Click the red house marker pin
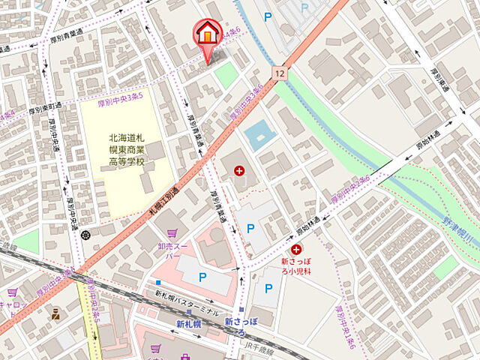(206, 34)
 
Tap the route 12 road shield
(279, 72)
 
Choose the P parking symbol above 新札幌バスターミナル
(202, 278)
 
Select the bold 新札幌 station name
(190, 324)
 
